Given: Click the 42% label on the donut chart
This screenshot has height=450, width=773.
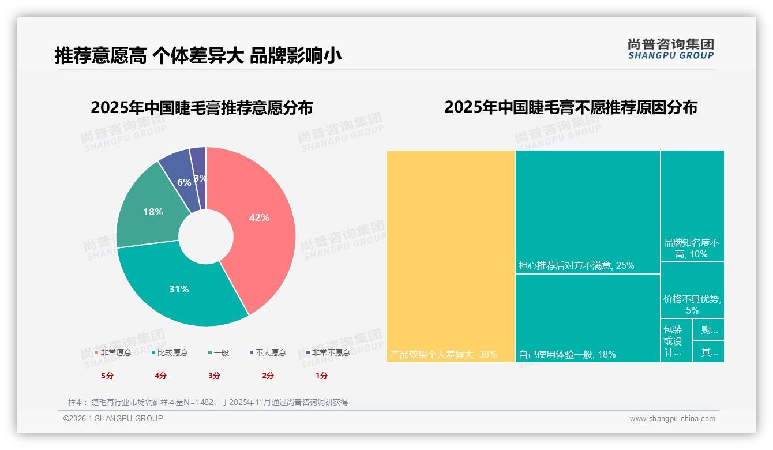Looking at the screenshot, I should (x=259, y=217).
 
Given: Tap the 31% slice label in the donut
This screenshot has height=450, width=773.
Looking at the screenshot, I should (x=179, y=289).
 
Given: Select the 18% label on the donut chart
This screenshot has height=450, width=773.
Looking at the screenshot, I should (x=153, y=212).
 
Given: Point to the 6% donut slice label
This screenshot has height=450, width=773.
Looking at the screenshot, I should (x=184, y=182).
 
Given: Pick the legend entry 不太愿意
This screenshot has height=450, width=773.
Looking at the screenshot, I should (x=270, y=352).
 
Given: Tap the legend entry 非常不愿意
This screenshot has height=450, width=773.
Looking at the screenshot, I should (x=330, y=352).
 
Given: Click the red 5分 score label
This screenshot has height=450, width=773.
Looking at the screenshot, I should (x=107, y=376).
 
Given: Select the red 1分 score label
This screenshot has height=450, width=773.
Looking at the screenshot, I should (x=321, y=376).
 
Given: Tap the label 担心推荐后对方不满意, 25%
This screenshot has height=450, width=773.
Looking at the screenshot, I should (x=576, y=266).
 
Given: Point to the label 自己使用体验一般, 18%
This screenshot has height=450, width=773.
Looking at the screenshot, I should (x=566, y=354).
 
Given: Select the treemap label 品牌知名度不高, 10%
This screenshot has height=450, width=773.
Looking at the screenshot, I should (x=692, y=249).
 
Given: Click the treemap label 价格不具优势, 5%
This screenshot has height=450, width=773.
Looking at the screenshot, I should (x=692, y=305).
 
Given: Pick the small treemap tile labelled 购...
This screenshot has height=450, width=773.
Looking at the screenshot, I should (x=709, y=330).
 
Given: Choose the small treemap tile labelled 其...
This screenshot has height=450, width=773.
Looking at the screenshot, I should (x=709, y=352).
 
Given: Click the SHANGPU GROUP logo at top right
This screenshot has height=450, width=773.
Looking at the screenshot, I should (x=670, y=49).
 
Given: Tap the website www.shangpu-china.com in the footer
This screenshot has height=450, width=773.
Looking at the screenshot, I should (x=672, y=419).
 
